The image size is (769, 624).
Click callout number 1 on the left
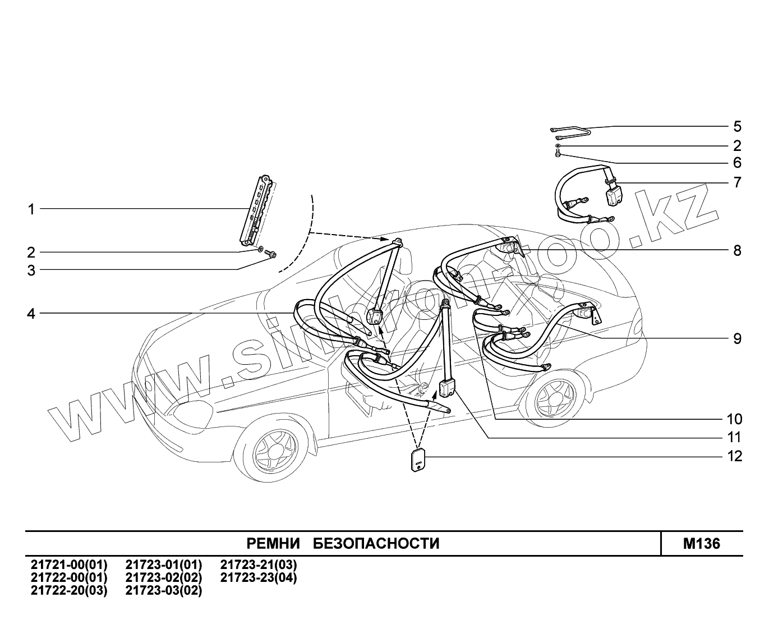click(x=31, y=209)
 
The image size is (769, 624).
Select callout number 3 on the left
click(x=31, y=270)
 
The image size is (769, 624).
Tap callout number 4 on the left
click(x=31, y=313)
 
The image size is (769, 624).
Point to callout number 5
click(x=737, y=126)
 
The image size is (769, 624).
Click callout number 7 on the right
click(x=737, y=182)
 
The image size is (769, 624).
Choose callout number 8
click(x=737, y=250)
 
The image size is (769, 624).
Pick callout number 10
click(x=734, y=419)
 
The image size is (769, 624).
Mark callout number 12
click(x=734, y=456)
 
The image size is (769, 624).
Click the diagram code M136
click(x=701, y=544)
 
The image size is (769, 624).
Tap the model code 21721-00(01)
click(x=68, y=565)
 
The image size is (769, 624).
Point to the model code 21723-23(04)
click(x=259, y=577)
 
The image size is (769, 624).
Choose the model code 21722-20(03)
click(x=68, y=590)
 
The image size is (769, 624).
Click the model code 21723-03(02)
click(x=163, y=590)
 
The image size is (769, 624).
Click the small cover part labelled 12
click(x=417, y=461)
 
